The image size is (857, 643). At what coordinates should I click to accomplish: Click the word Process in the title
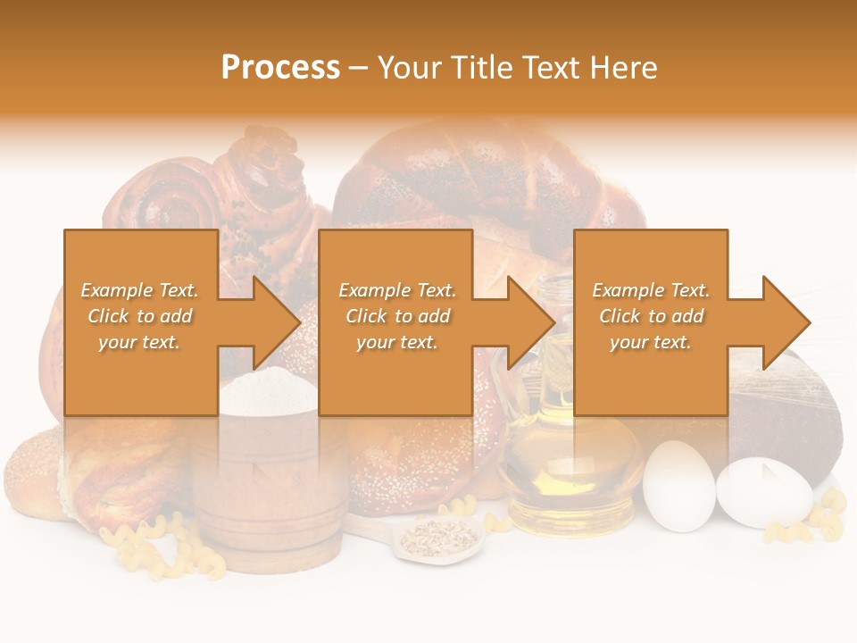(280, 68)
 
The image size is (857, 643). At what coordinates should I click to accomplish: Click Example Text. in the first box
(140, 290)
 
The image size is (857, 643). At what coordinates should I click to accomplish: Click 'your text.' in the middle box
(396, 342)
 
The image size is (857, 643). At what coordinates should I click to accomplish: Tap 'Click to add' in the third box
(651, 316)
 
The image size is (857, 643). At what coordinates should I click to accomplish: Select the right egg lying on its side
(764, 491)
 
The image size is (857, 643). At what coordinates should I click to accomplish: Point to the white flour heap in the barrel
(268, 393)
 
